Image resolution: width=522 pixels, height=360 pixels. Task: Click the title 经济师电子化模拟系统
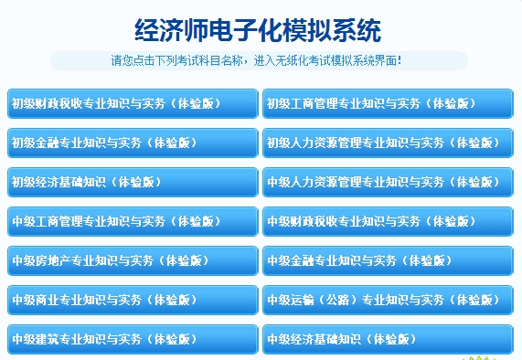pyautogui.click(x=258, y=29)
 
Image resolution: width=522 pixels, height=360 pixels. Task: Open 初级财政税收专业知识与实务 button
pyautogui.click(x=132, y=103)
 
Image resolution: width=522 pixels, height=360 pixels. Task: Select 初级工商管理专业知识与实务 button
pyautogui.click(x=388, y=103)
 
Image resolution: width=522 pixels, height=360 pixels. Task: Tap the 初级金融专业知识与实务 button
pyautogui.click(x=132, y=143)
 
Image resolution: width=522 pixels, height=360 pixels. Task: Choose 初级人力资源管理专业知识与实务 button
pyautogui.click(x=388, y=143)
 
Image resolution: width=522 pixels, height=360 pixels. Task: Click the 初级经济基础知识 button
pyautogui.click(x=132, y=182)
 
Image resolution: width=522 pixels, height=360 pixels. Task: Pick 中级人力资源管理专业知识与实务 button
pyautogui.click(x=388, y=182)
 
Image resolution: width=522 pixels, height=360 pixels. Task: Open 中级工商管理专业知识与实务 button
pyautogui.click(x=132, y=221)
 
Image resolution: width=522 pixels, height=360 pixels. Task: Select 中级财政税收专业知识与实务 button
pyautogui.click(x=388, y=221)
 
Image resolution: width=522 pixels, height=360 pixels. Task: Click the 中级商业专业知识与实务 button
pyautogui.click(x=132, y=300)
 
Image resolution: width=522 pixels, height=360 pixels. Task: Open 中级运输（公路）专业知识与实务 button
pyautogui.click(x=388, y=300)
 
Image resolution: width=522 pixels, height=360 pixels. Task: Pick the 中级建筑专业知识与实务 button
pyautogui.click(x=132, y=339)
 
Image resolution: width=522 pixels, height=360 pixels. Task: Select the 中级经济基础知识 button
pyautogui.click(x=388, y=339)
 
